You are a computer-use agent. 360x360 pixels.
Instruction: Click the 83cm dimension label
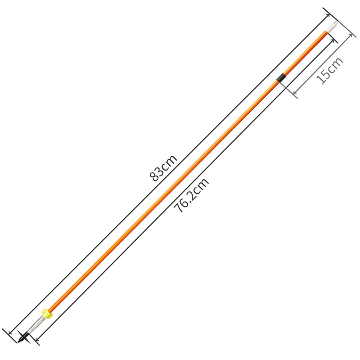pyautogui.click(x=163, y=167)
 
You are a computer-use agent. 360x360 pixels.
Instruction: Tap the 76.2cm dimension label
pyautogui.click(x=191, y=195)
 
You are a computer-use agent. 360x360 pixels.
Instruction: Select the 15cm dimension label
pyautogui.click(x=330, y=70)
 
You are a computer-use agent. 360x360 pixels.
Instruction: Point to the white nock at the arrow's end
pyautogui.click(x=332, y=27)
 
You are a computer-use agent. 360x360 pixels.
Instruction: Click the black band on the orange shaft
pyautogui.click(x=281, y=77)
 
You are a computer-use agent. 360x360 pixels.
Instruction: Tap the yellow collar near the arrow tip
pyautogui.click(x=47, y=313)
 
